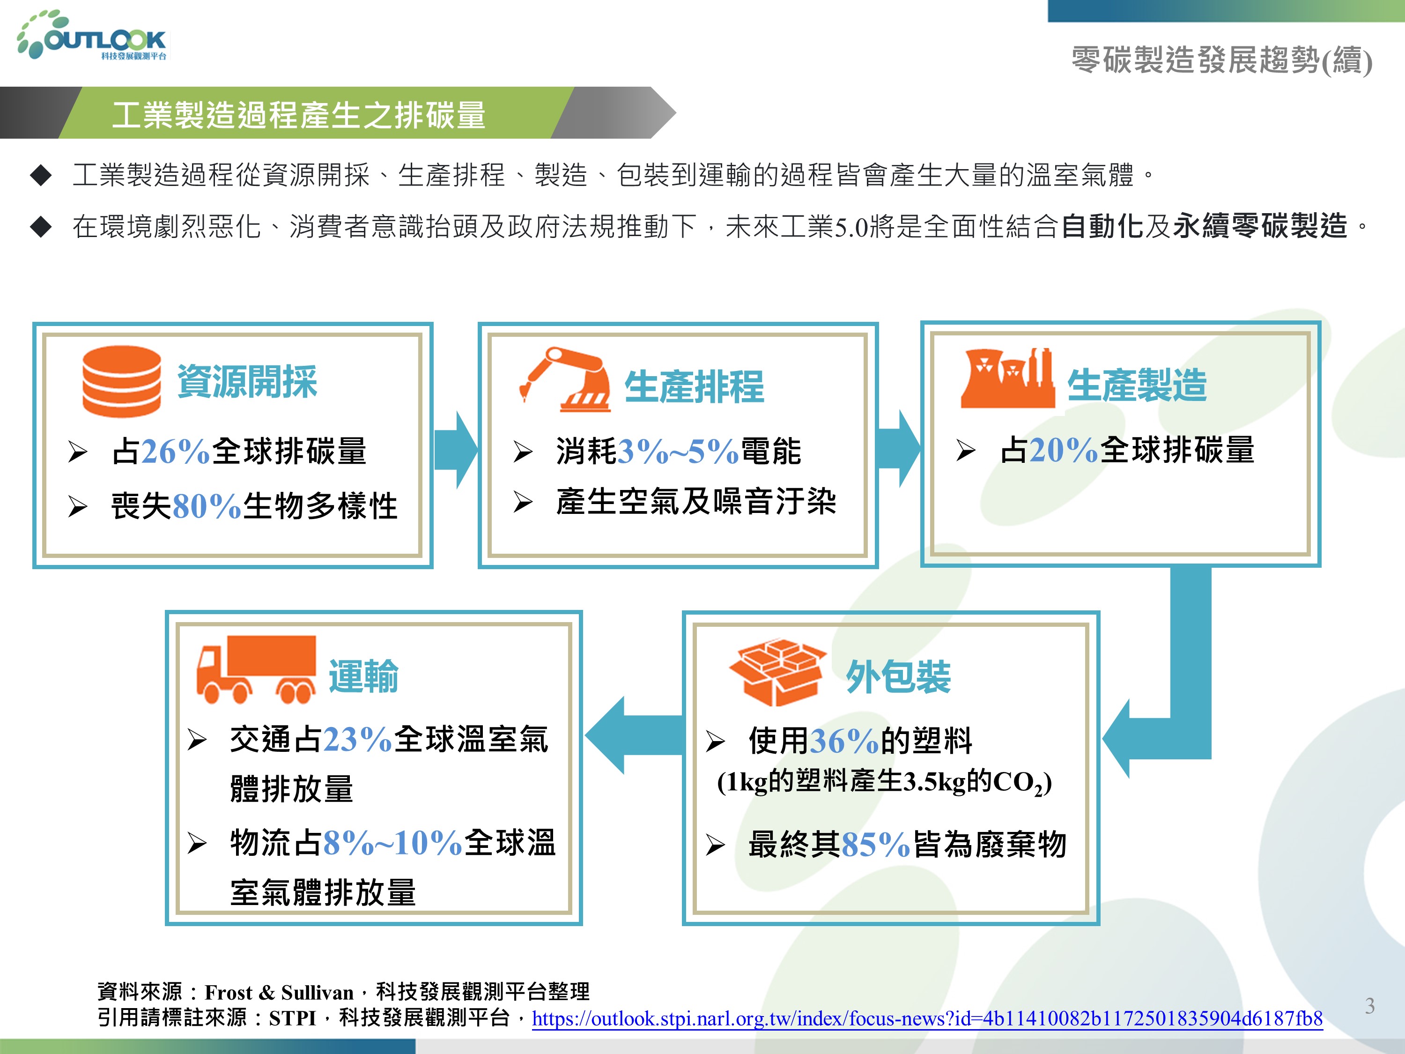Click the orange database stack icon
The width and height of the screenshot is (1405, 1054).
click(x=121, y=381)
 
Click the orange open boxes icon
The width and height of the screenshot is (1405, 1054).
click(x=777, y=673)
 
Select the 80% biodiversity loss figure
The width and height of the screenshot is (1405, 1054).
click(x=207, y=506)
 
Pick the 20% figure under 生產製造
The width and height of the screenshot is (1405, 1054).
click(x=1064, y=450)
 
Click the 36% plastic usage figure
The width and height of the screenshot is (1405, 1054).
click(x=845, y=741)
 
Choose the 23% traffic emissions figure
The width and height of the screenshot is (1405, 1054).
click(x=358, y=740)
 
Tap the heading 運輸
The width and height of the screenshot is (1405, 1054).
click(x=363, y=676)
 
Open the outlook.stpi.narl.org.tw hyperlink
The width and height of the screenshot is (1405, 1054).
click(x=927, y=1018)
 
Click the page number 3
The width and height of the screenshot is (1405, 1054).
click(x=1370, y=1006)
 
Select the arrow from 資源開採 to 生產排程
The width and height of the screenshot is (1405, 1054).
click(x=455, y=449)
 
